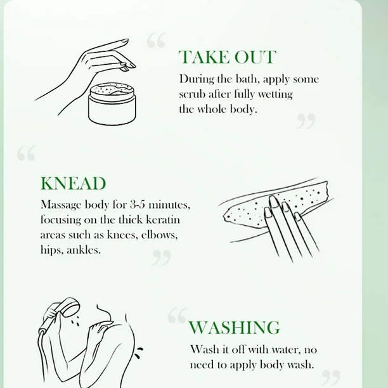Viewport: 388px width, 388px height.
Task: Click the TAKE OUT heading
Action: (228, 57)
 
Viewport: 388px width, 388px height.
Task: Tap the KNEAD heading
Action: (74, 183)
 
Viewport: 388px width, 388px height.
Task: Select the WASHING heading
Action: (235, 327)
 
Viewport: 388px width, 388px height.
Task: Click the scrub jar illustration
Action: (112, 103)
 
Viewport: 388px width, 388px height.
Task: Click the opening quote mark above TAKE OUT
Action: (157, 40)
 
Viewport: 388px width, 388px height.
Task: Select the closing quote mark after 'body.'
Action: (306, 120)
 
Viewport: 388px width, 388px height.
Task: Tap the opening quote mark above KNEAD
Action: (27, 153)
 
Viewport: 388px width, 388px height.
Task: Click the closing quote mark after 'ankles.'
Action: (162, 257)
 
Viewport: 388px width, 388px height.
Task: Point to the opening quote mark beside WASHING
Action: (177, 316)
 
